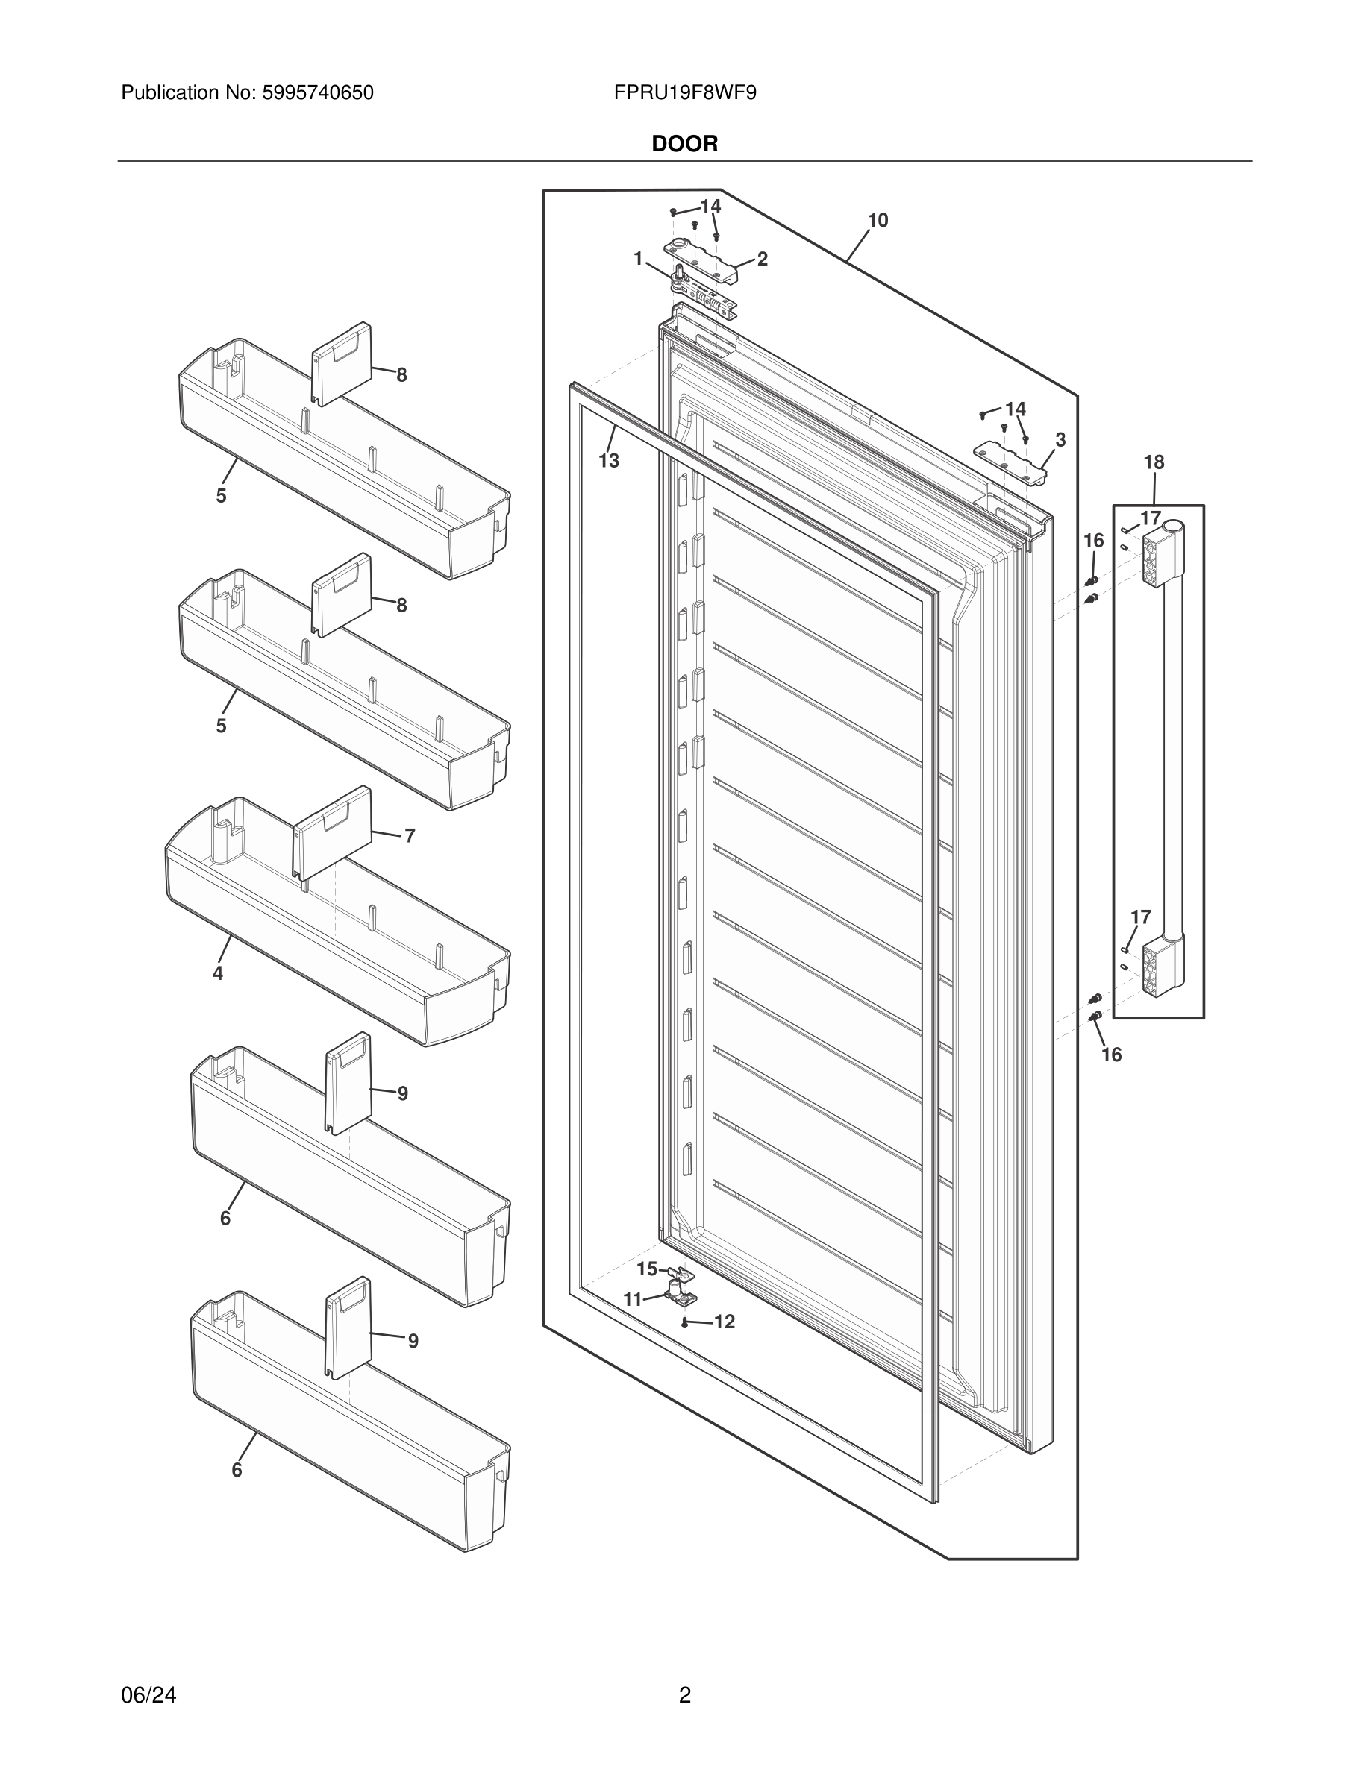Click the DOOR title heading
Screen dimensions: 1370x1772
point(684,145)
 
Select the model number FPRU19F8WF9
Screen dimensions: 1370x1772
point(685,93)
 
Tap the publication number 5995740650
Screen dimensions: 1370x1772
point(317,93)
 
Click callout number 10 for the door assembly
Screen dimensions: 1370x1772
point(878,221)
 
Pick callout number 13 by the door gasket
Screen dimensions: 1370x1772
point(609,461)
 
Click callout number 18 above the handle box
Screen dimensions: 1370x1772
point(1154,462)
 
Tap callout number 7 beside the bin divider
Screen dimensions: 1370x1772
point(410,836)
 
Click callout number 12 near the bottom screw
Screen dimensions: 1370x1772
point(724,1322)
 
